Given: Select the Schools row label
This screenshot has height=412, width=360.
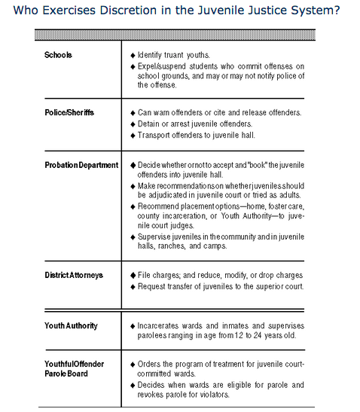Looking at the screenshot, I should click(59, 56).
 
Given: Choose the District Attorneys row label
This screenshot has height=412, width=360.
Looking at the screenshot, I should click(74, 275).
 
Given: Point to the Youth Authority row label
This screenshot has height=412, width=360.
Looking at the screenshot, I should click(71, 325).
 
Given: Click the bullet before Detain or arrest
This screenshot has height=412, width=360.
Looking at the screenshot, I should click(133, 124).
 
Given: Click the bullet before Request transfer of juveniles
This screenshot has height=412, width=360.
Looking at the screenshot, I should click(133, 287).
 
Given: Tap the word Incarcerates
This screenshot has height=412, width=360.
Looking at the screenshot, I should click(161, 326).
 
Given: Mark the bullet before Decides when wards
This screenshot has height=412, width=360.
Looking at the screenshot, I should click(133, 385).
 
